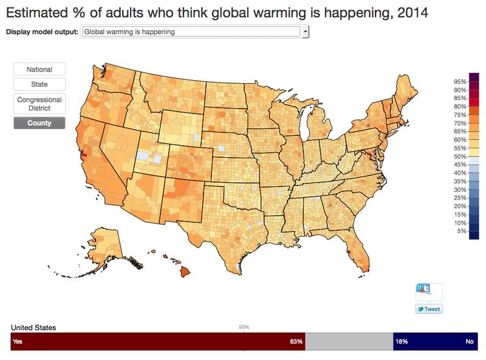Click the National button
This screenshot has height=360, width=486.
(x=39, y=70)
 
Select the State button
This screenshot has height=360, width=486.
(x=39, y=84)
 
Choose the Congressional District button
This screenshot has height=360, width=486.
(x=39, y=103)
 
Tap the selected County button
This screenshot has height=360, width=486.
(x=39, y=123)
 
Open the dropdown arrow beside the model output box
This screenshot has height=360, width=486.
(x=306, y=32)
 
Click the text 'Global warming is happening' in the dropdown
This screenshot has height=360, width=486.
(x=129, y=32)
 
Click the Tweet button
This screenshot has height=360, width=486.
(x=428, y=309)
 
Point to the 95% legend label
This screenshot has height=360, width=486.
(x=459, y=81)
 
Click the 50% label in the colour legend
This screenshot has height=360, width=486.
(x=459, y=157)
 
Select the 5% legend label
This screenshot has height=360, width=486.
(x=461, y=231)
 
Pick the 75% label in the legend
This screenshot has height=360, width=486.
(x=459, y=115)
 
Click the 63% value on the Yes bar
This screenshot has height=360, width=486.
(x=296, y=342)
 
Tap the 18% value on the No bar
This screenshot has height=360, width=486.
(x=402, y=342)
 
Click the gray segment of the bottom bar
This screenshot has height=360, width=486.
(x=349, y=342)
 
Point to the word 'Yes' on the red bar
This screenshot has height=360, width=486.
(x=18, y=342)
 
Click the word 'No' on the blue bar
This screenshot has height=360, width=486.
(x=469, y=342)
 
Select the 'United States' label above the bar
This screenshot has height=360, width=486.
(x=33, y=327)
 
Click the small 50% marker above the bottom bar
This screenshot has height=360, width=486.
(x=244, y=327)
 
